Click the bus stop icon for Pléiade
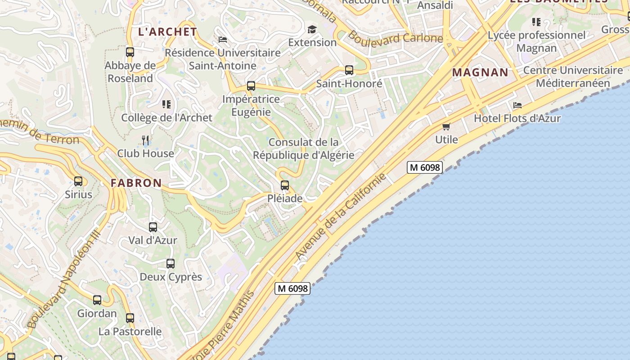click(284, 185)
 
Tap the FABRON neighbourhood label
click(136, 183)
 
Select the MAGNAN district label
click(480, 72)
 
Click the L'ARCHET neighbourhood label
click(167, 32)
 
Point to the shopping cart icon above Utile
click(446, 126)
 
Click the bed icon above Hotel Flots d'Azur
click(517, 105)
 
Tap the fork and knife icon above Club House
click(145, 140)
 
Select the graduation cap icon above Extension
click(312, 30)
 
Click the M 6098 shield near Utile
click(425, 167)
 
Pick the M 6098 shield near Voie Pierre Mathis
click(292, 288)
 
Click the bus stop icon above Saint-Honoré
click(349, 70)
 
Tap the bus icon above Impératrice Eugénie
click(251, 86)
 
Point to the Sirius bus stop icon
click(78, 181)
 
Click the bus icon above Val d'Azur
click(153, 227)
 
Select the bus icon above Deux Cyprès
click(171, 264)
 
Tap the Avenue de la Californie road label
click(341, 216)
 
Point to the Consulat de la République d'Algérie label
click(303, 149)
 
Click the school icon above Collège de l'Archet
click(166, 104)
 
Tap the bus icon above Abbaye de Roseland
click(130, 52)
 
